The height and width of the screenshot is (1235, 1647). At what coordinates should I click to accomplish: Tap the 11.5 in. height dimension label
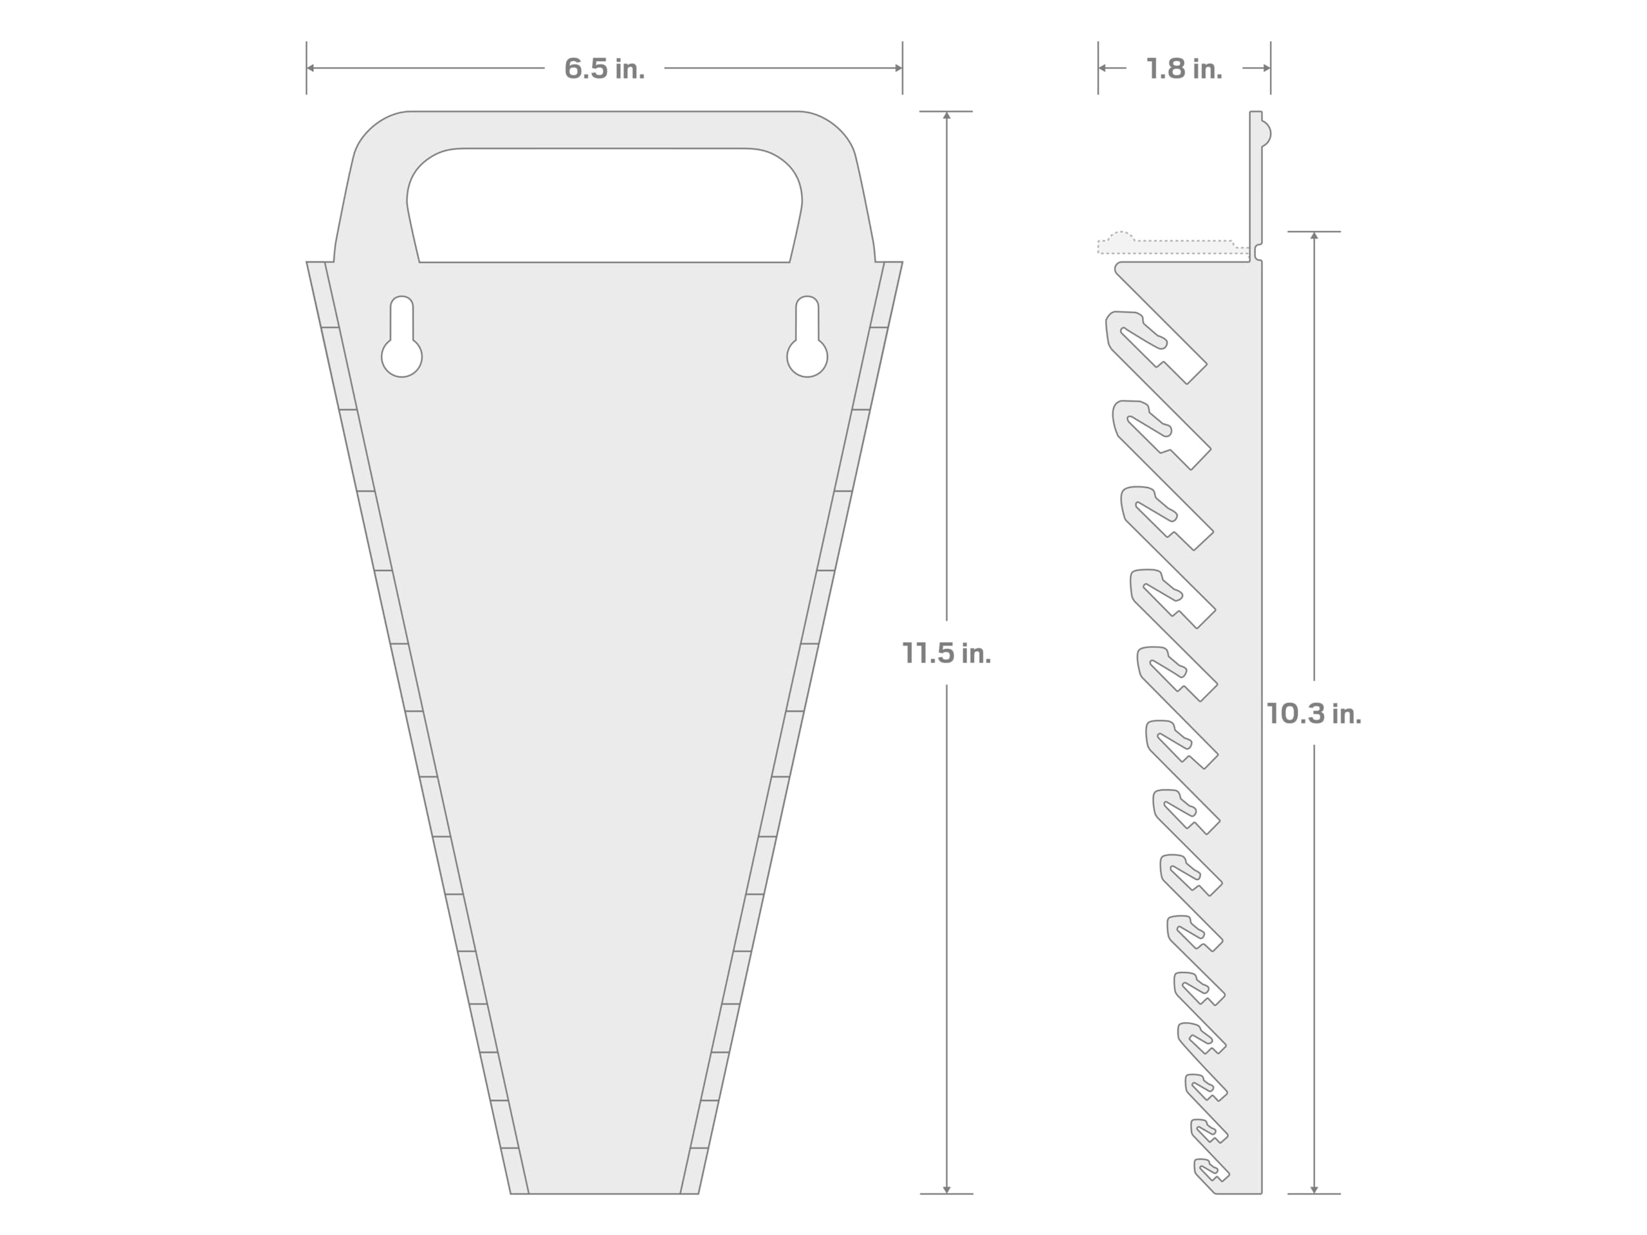tap(946, 653)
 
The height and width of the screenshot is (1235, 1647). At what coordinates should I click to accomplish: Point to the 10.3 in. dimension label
tap(1314, 714)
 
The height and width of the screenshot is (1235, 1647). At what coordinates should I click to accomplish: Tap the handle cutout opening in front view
tap(604, 205)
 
